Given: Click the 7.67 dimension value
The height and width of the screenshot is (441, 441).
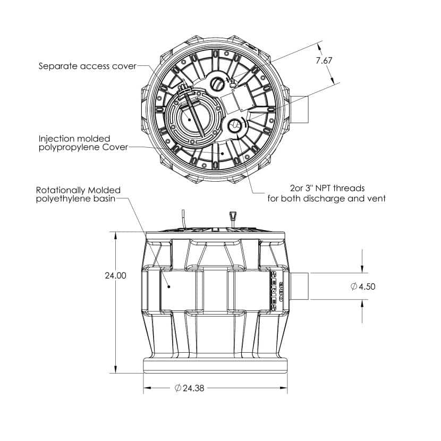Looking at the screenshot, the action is coord(324,61).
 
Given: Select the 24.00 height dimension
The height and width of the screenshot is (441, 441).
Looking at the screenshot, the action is coord(116,275).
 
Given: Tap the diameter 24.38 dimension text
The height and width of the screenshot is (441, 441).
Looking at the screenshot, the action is coord(189,388).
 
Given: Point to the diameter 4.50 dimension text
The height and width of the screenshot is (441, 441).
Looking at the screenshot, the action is coord(363,286).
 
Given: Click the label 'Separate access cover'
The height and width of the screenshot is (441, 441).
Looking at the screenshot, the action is coord(88,66).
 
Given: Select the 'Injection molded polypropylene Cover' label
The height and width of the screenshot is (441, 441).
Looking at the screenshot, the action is coord(83,143).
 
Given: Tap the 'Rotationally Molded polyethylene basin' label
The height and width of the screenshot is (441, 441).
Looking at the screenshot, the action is coord(78,194).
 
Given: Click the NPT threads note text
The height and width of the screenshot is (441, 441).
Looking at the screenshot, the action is coord(327,193).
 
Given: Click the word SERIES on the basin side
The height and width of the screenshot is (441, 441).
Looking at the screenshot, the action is coord(274,291).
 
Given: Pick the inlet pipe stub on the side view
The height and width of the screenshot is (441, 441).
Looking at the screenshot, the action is coord(299,286).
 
